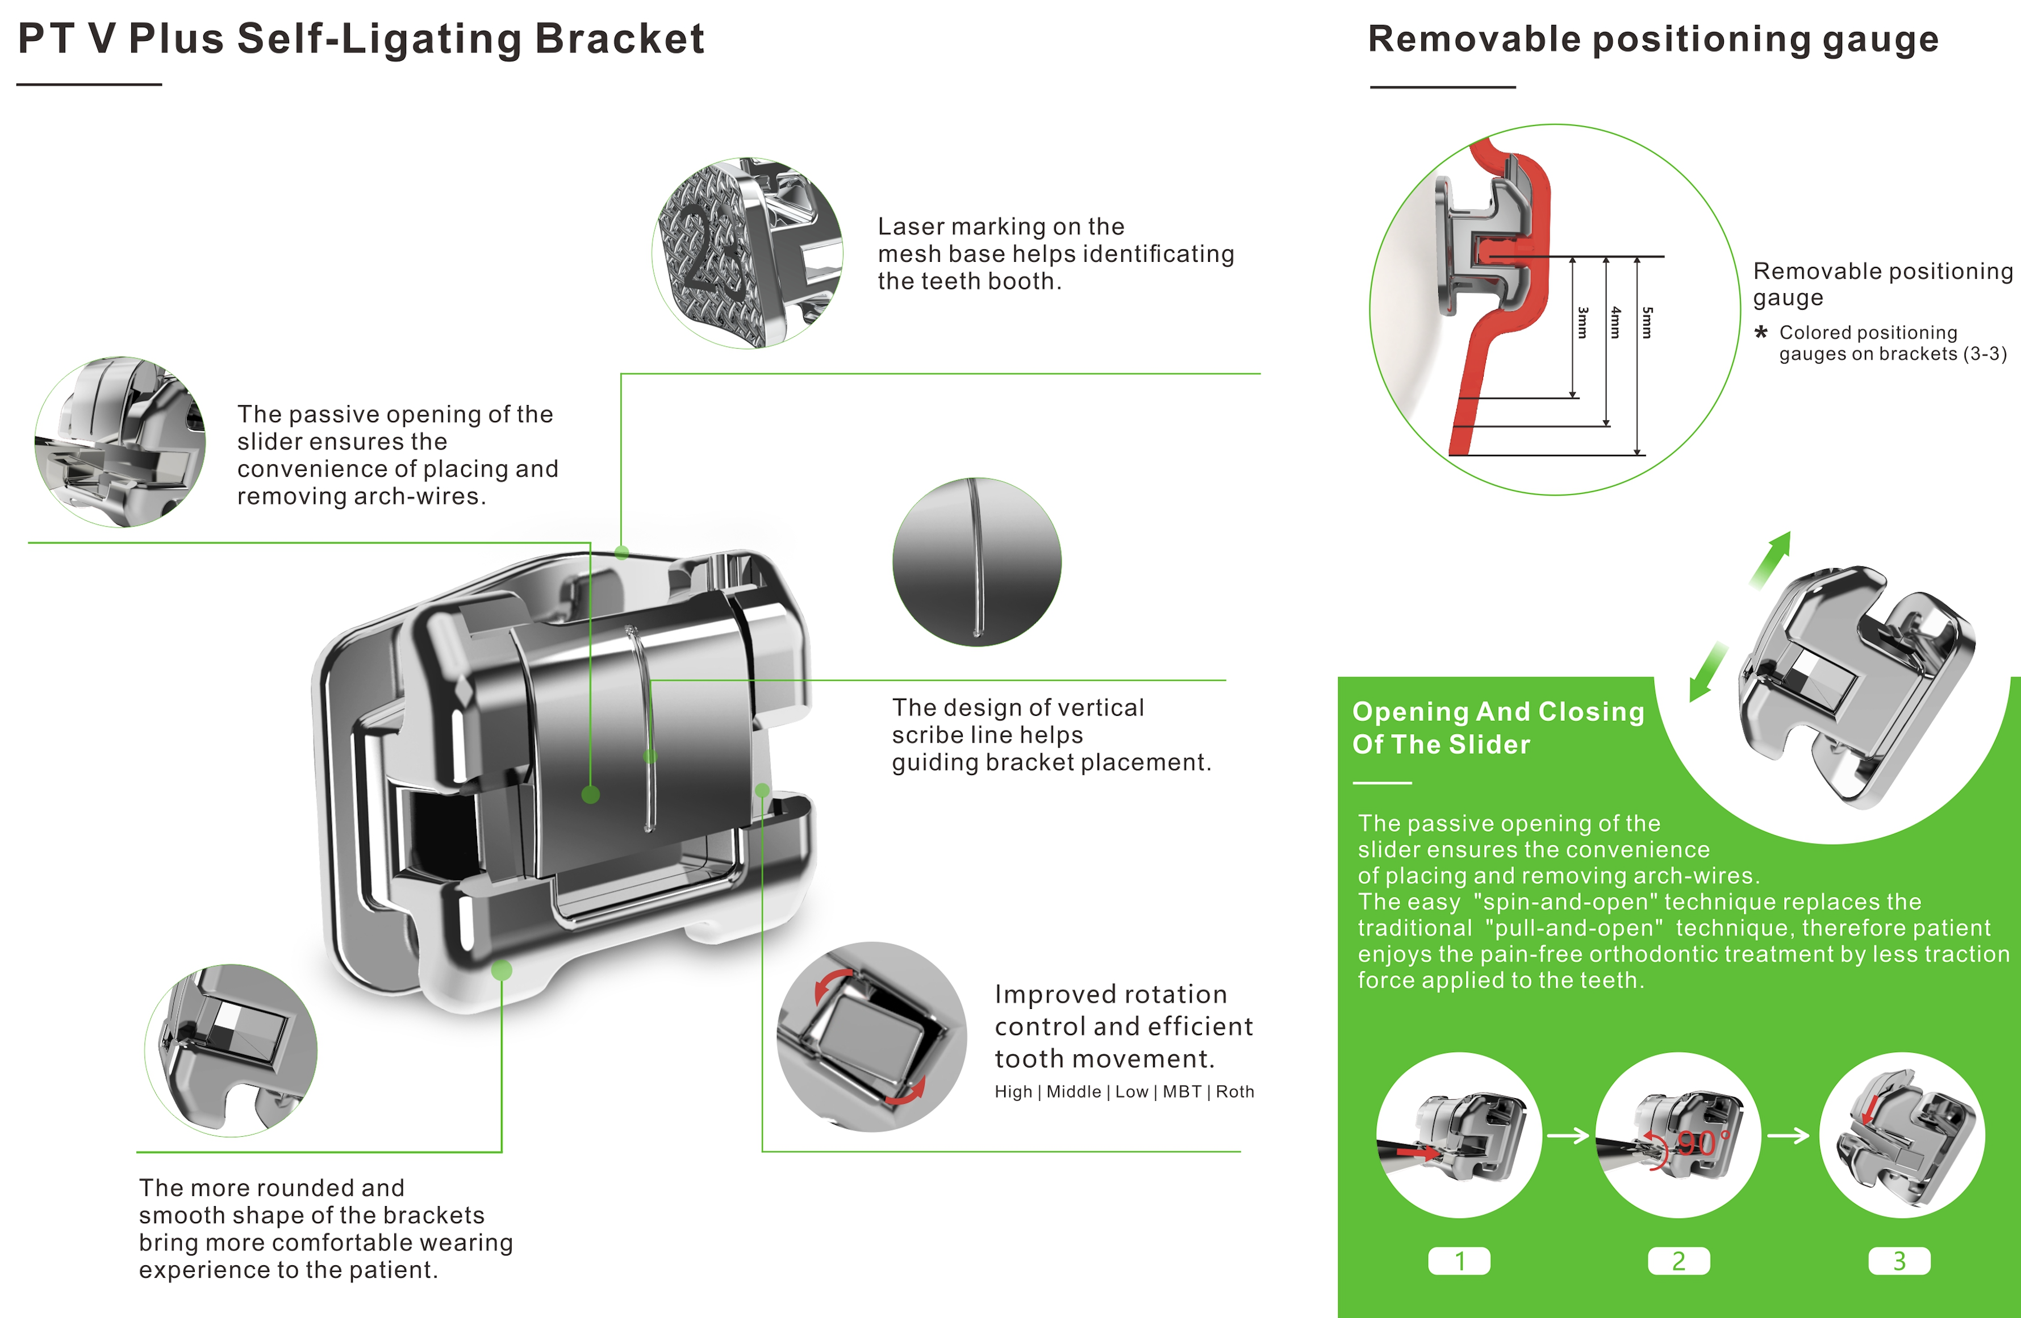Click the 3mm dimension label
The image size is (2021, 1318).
click(x=1582, y=323)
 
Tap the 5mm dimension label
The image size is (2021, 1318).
click(x=1647, y=323)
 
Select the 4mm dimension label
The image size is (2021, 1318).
click(x=1615, y=323)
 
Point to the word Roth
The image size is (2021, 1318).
click(x=1235, y=1092)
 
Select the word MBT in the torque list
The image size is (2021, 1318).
click(x=1181, y=1092)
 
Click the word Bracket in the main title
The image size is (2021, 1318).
click(x=620, y=39)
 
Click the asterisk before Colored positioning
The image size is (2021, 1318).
click(x=1761, y=332)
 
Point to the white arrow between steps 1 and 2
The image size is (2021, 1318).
click(x=1568, y=1136)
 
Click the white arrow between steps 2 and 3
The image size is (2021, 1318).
click(x=1788, y=1136)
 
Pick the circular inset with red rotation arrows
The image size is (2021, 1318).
click(x=871, y=1036)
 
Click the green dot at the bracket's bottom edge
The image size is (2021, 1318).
click(x=502, y=970)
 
